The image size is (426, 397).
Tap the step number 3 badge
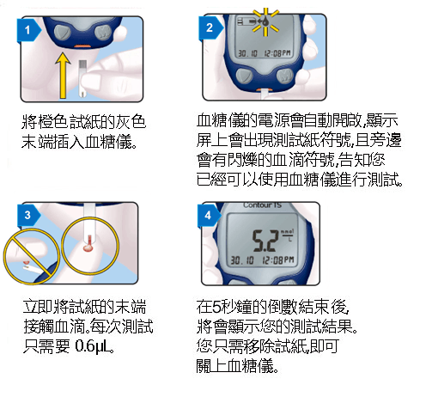(x=30, y=214)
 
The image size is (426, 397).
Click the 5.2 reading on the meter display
(x=260, y=237)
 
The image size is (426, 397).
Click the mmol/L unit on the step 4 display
(x=289, y=234)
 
